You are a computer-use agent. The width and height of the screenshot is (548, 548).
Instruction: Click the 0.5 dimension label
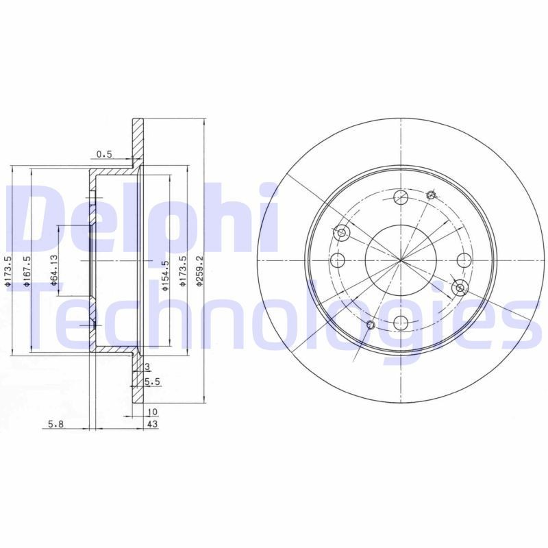coord(105,154)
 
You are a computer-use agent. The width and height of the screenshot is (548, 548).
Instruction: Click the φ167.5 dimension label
coord(27,271)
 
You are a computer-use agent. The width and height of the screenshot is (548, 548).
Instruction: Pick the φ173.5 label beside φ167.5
coord(8,271)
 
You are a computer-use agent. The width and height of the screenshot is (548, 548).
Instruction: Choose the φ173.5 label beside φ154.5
coord(182,271)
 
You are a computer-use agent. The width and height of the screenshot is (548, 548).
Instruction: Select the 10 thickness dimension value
coord(152,412)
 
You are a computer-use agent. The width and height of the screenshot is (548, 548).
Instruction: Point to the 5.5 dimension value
coord(153,381)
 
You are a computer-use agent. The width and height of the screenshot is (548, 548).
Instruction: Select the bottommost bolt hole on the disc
coord(401,323)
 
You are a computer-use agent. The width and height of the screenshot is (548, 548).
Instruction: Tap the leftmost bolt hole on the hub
coord(338,260)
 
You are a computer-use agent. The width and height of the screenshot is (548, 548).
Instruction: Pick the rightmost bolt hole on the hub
coord(464,260)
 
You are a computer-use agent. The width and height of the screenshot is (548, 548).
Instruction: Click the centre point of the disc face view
coord(401,260)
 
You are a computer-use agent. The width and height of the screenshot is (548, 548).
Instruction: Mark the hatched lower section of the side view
coord(138,380)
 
